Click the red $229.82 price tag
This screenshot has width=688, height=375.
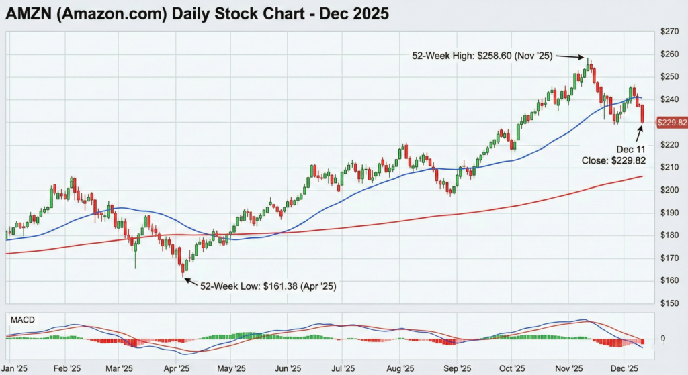coord(671,122)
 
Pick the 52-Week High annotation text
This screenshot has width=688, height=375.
coord(482,56)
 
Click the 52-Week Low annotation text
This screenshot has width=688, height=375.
coord(268,286)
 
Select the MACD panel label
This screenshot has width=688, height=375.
coord(22,319)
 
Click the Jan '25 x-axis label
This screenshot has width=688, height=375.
coord(15,368)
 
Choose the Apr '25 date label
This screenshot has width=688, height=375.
coord(177,368)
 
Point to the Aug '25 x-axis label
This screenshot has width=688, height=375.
coord(401,368)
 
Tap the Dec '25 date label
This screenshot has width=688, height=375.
coord(623,368)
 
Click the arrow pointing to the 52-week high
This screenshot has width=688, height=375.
coord(570,58)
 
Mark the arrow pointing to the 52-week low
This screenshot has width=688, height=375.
coord(191,282)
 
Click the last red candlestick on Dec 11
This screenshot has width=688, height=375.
coord(643,114)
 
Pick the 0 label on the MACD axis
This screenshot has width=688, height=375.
coord(662,339)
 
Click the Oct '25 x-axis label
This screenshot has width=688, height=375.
coord(513,368)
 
